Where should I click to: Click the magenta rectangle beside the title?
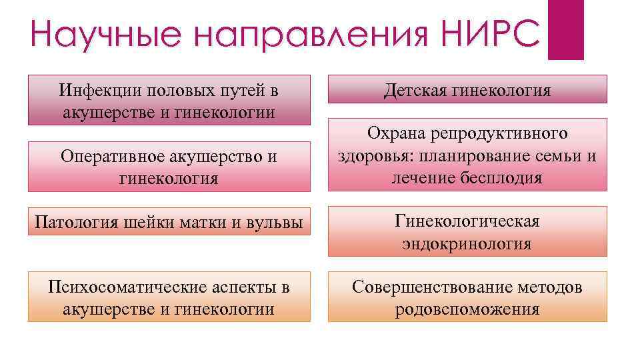pos(565,29)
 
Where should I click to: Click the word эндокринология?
pos(467,244)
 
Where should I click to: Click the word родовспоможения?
pos(467,310)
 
